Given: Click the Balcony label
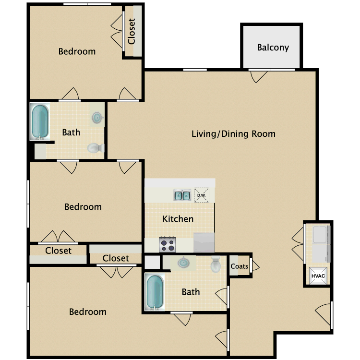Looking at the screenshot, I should click(x=273, y=48).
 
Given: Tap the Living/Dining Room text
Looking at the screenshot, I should click(x=233, y=133).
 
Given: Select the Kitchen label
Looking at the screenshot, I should click(x=178, y=219).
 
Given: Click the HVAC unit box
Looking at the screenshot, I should click(x=317, y=276).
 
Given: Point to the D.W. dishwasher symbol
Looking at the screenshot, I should click(x=201, y=195).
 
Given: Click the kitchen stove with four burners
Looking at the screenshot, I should click(x=167, y=245).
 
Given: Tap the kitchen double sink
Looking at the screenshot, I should click(x=182, y=195).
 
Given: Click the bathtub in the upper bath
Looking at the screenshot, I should click(x=40, y=121).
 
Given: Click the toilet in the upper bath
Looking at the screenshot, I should click(x=95, y=149).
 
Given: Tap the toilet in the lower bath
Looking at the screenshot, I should click(x=216, y=264).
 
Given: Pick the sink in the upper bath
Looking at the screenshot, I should click(x=97, y=117).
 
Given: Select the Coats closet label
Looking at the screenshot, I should click(x=240, y=266).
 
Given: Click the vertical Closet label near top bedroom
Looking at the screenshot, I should click(x=132, y=31).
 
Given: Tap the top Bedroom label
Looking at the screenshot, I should click(x=77, y=51).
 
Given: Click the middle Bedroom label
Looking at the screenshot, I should click(x=83, y=207).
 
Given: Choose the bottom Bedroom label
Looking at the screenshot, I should click(x=87, y=312).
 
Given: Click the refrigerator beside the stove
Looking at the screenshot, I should click(x=204, y=243).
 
